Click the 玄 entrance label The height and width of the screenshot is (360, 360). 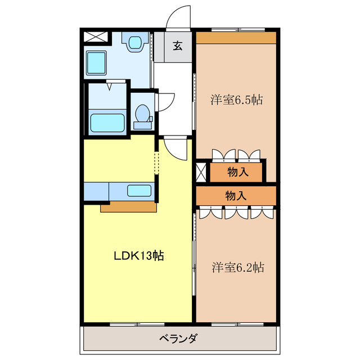(x=177, y=46)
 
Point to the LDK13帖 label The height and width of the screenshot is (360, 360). (x=139, y=256)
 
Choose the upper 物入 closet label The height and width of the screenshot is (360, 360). (x=237, y=173)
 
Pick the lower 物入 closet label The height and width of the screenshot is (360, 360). (x=236, y=196)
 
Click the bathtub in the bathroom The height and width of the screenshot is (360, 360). (x=107, y=121)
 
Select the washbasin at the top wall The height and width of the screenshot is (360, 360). (x=134, y=43)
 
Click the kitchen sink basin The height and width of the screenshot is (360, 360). (x=138, y=191)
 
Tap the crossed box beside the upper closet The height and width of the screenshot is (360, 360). (x=201, y=172)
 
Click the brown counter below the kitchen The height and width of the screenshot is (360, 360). (x=128, y=207)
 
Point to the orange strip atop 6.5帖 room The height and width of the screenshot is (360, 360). (x=236, y=38)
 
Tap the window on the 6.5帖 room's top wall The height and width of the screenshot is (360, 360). (x=238, y=29)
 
